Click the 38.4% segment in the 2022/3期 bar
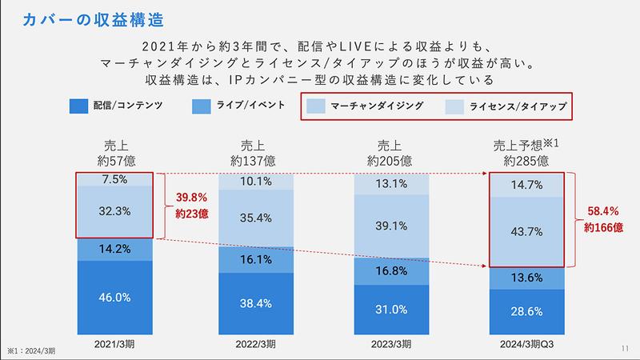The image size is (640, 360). [x=257, y=305]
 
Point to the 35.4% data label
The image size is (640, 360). [x=257, y=218]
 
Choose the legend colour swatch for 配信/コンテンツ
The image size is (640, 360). [x=78, y=106]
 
